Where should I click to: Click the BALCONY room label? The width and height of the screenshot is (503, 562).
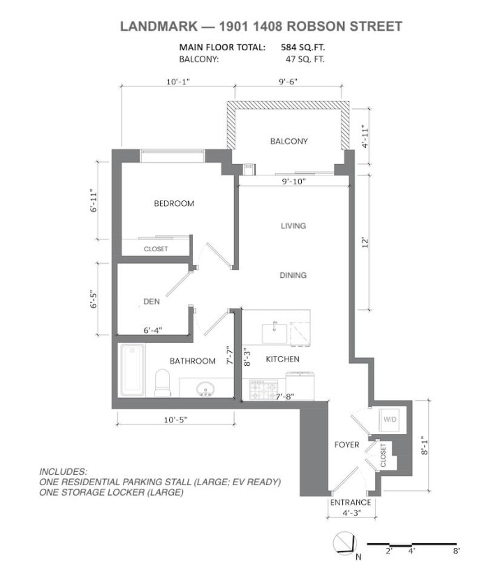point(289,141)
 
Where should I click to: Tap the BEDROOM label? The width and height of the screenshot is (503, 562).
point(174,204)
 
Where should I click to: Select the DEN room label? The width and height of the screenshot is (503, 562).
point(152,302)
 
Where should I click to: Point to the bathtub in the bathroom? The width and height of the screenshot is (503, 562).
point(132,370)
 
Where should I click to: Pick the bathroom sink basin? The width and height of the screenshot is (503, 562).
point(205,388)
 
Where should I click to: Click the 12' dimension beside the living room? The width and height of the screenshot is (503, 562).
point(364,242)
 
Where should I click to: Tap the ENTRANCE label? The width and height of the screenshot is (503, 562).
point(350,503)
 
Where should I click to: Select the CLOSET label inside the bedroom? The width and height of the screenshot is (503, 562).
point(156,249)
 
